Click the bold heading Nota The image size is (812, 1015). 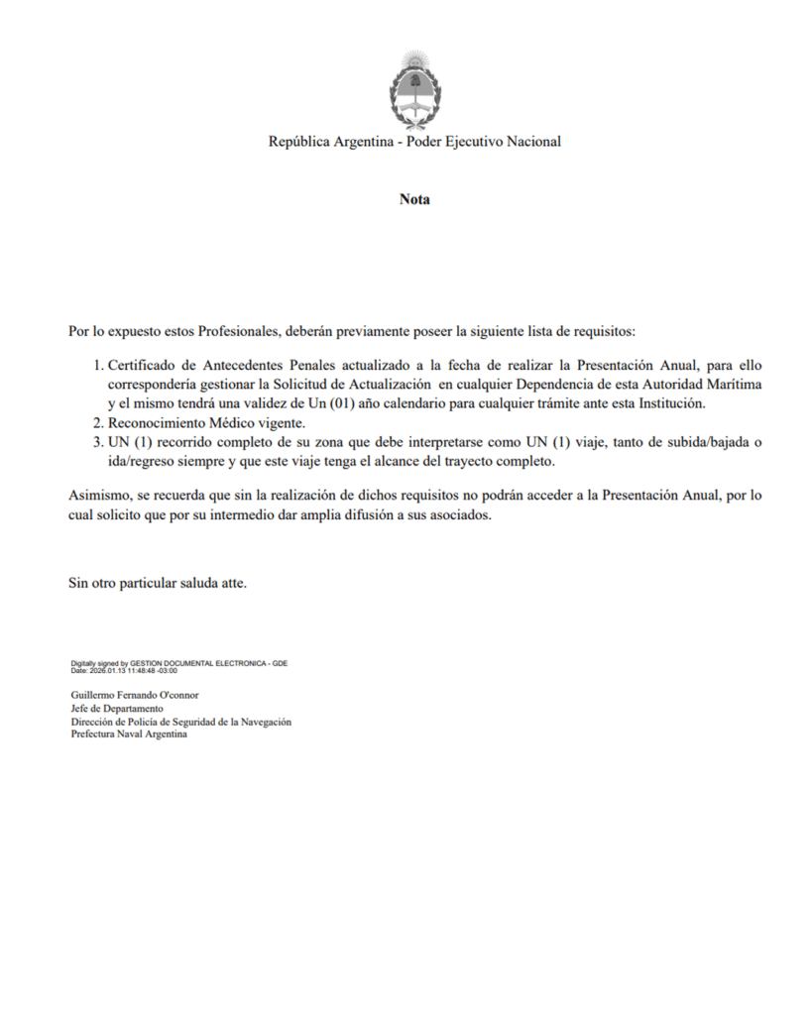tap(414, 199)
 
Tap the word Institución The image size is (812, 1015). tap(670, 402)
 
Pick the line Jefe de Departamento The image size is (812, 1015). tap(117, 710)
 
